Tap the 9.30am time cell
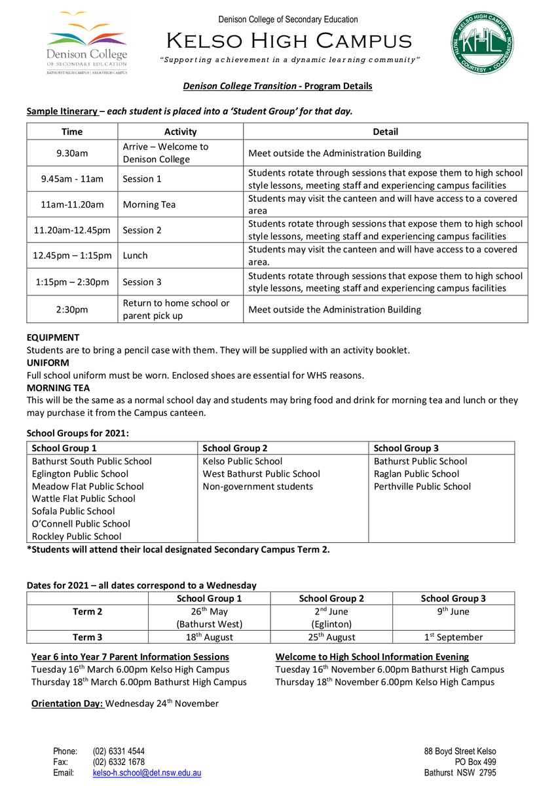coord(72,153)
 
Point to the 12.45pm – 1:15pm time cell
coord(72,255)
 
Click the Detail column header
coord(385,132)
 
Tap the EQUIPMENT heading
coord(53,337)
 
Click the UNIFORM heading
coord(48,362)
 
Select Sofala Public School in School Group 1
coord(73,511)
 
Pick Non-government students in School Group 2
coord(258,486)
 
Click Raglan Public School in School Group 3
coord(417,474)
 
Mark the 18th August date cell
coord(209,637)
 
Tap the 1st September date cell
coord(453,637)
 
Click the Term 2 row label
coord(87,612)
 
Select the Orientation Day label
coord(67,703)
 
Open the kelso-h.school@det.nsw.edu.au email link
coord(147,773)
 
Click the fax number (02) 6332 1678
coord(119,762)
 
